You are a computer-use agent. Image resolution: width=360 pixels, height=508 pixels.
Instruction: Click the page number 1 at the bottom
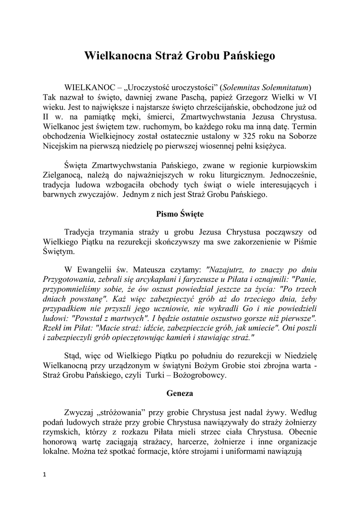point(45,475)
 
